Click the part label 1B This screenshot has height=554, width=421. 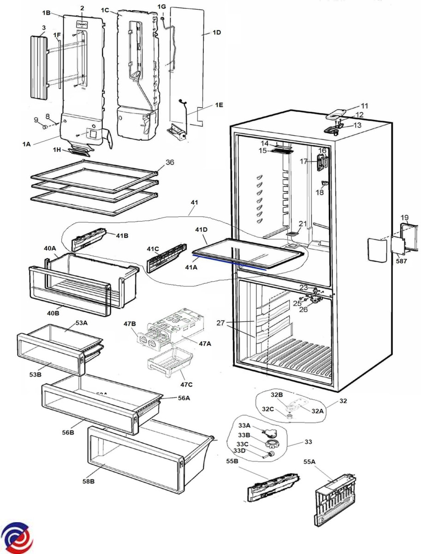46,13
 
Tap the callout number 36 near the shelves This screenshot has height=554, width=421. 170,163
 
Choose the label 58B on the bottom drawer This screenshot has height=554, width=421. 89,482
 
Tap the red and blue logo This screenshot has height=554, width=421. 17,537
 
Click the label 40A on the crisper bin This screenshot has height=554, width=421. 50,248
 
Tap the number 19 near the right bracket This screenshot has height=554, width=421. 404,217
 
